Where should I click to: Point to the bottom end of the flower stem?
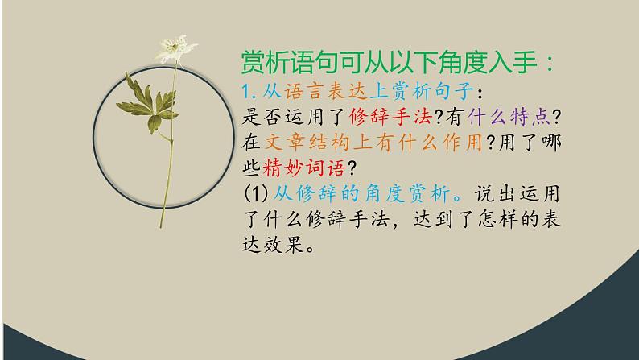tap(166, 226)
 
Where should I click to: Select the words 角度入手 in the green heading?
tap(470, 62)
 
